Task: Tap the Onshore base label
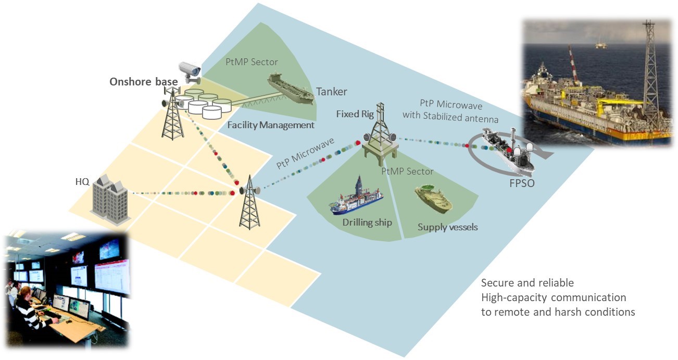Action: pos(143,82)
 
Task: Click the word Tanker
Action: pos(331,92)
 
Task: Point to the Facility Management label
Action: pos(271,125)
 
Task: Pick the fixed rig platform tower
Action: pos(380,133)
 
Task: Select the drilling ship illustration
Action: pos(357,197)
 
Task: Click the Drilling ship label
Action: pos(367,222)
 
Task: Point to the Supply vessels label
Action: pos(448,227)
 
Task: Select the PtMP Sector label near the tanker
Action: pos(252,62)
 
